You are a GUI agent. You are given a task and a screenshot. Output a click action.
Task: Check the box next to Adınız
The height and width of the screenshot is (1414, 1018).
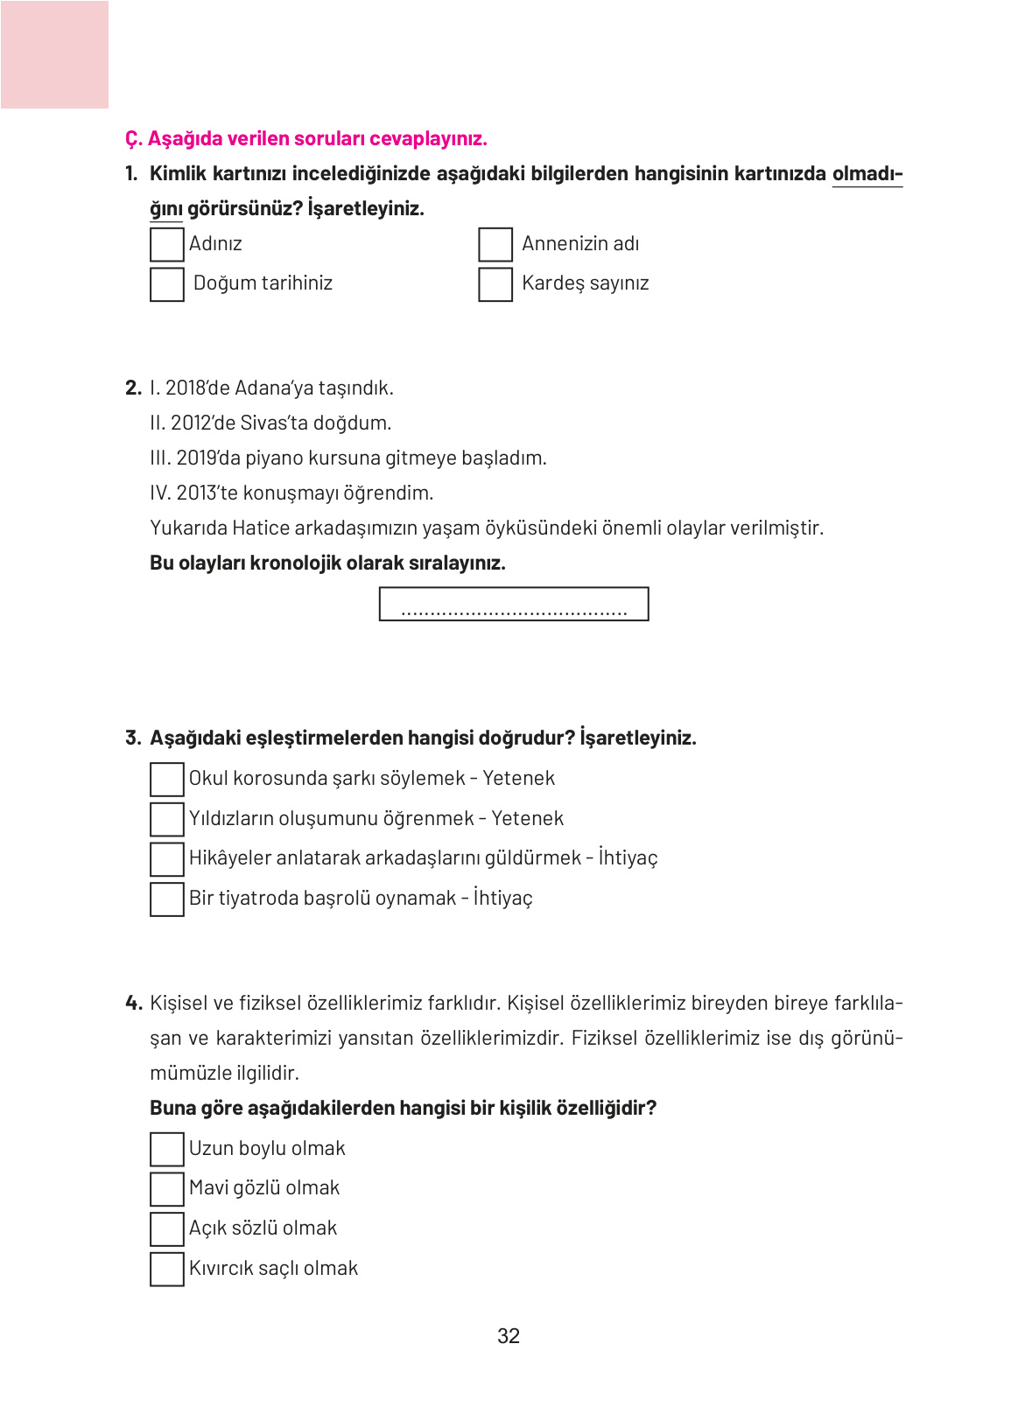tap(166, 244)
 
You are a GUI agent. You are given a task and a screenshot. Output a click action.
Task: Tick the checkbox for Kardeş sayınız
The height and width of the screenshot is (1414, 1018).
tap(495, 284)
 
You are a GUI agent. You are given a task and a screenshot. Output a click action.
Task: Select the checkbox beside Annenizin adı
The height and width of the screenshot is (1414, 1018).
tap(495, 244)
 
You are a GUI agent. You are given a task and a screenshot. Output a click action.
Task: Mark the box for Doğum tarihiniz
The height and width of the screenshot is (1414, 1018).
tap(166, 284)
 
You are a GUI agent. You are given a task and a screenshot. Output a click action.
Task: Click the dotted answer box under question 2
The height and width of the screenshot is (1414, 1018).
tap(513, 604)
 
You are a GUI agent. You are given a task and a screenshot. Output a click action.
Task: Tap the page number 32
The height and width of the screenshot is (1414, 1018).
tap(508, 1336)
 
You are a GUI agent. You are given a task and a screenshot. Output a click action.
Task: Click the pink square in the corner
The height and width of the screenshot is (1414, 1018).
tap(54, 54)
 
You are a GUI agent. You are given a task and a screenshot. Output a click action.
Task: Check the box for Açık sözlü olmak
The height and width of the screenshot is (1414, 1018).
tap(166, 1228)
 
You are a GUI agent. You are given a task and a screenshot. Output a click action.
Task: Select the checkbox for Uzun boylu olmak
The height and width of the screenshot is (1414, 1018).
tap(166, 1149)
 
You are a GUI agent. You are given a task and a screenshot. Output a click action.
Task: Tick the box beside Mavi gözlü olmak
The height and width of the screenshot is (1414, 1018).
tap(166, 1188)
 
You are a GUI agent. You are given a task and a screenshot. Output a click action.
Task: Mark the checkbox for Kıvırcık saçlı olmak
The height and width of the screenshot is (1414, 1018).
tap(166, 1269)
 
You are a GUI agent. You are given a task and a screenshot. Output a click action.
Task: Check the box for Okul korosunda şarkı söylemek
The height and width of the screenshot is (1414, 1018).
tap(166, 779)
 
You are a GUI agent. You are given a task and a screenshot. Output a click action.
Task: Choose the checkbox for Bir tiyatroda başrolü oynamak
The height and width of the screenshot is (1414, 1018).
tap(166, 899)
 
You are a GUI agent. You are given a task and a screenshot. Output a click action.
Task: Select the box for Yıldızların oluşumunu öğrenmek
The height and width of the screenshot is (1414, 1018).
tap(166, 819)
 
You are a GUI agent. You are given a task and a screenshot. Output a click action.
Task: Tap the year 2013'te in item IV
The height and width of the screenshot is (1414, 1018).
tap(207, 493)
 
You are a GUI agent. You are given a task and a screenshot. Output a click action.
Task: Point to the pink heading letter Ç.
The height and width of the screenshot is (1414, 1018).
tap(132, 139)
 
